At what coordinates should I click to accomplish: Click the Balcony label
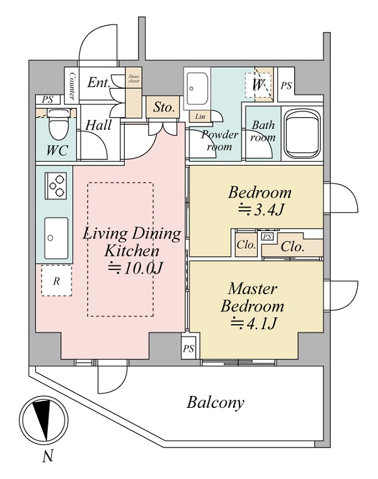215,403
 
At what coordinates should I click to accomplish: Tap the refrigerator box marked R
56,281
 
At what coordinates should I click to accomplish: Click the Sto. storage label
164,108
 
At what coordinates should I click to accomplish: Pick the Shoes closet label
134,78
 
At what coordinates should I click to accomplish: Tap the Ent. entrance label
99,82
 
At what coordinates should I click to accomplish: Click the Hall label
99,125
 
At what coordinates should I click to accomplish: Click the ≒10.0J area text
135,269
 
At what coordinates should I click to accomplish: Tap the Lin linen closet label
200,116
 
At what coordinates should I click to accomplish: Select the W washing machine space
258,84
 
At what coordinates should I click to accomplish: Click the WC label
57,151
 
